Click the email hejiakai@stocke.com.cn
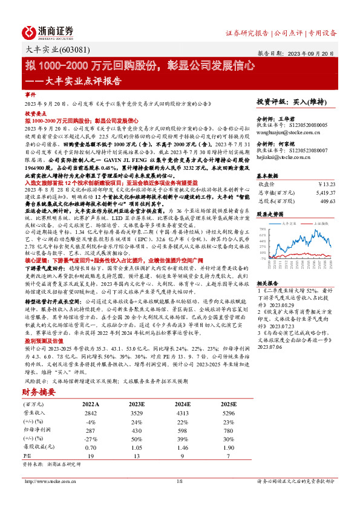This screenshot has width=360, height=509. tap(283, 157)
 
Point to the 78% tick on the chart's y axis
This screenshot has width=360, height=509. tap(263, 230)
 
